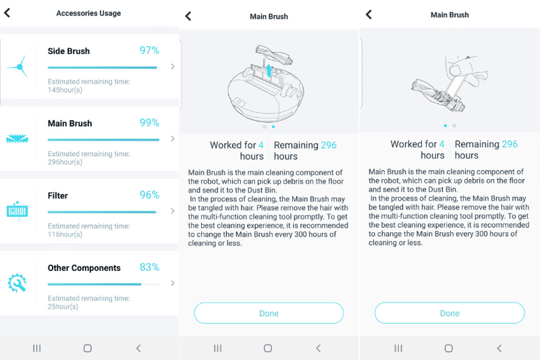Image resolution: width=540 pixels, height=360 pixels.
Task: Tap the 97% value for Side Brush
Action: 149,51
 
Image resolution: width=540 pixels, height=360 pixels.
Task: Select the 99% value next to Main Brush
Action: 149,123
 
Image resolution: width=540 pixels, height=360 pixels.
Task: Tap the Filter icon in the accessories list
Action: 17,210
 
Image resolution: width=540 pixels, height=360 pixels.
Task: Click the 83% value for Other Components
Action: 149,267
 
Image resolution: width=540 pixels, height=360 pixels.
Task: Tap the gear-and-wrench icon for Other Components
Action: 17,283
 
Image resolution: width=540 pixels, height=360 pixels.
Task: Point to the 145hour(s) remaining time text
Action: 65,90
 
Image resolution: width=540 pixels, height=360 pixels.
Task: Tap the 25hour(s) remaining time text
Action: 63,307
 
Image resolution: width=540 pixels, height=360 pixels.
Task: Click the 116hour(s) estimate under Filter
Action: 65,234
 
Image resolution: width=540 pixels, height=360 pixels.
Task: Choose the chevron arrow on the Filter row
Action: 173,211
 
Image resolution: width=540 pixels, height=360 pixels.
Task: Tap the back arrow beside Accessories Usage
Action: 8,13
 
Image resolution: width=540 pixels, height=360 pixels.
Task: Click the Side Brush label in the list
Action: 68,51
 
